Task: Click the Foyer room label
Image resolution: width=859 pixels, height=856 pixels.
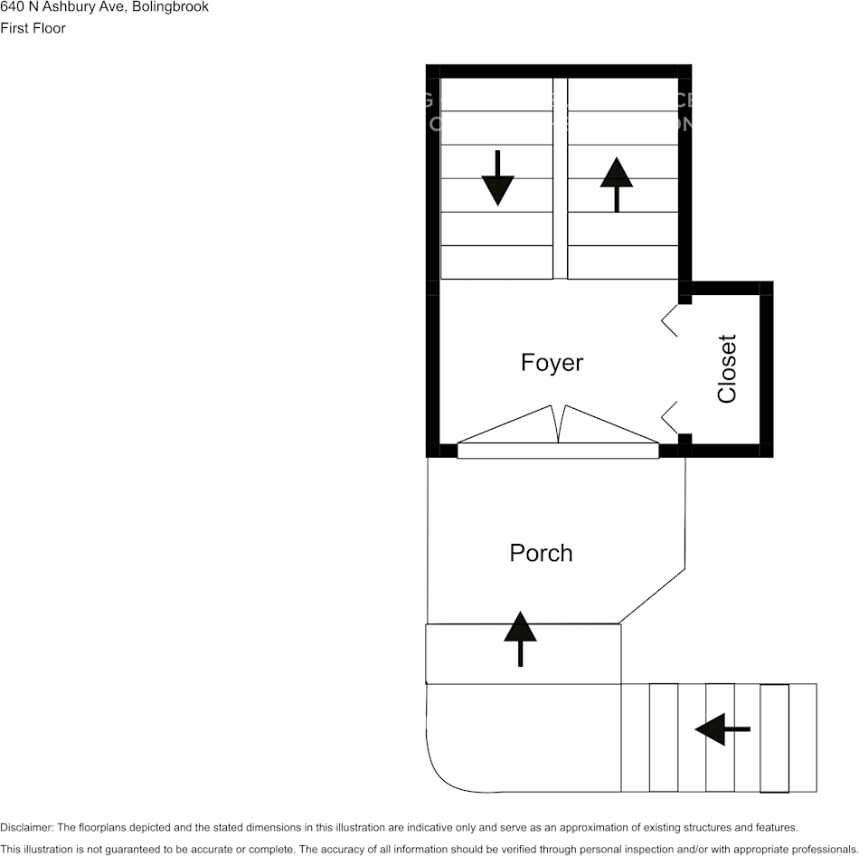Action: pyautogui.click(x=552, y=363)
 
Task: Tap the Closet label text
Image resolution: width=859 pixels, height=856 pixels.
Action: pyautogui.click(x=727, y=368)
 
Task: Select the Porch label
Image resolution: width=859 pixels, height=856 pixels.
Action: pyautogui.click(x=541, y=553)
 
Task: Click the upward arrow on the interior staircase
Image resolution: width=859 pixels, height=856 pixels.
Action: pyautogui.click(x=617, y=184)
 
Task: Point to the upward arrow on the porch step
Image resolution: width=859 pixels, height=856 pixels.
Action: pyautogui.click(x=520, y=639)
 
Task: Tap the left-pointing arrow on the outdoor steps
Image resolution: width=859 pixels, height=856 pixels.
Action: pyautogui.click(x=722, y=728)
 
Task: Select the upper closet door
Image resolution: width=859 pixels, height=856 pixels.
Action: pyautogui.click(x=669, y=320)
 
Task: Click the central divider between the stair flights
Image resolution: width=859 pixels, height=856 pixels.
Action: pyautogui.click(x=560, y=177)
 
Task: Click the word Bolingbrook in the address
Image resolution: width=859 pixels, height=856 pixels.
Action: pyautogui.click(x=171, y=7)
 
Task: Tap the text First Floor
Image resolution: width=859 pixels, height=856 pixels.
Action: pyautogui.click(x=33, y=28)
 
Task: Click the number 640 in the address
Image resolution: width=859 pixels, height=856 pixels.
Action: pyautogui.click(x=12, y=7)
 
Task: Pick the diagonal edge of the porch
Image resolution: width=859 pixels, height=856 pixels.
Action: pyautogui.click(x=652, y=596)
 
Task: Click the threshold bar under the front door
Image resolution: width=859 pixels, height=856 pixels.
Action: pyautogui.click(x=558, y=451)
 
